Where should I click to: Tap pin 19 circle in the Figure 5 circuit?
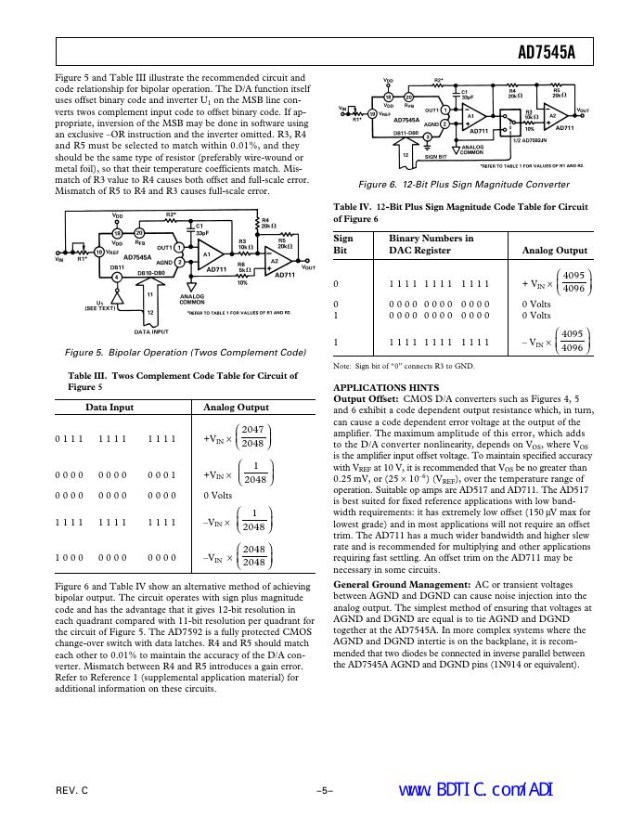(x=99, y=251)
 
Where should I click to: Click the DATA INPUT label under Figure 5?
(x=151, y=331)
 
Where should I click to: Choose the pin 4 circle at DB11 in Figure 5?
(x=117, y=277)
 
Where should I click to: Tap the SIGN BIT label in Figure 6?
(x=436, y=158)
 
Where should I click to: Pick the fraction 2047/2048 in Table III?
(x=252, y=436)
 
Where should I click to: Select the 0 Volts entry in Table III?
(x=218, y=495)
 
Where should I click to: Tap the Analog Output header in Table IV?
(x=555, y=250)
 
